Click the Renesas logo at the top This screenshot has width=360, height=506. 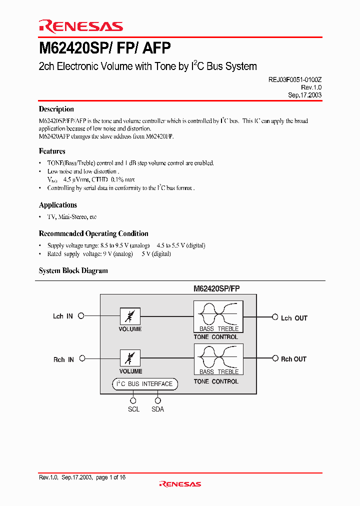(x=80, y=26)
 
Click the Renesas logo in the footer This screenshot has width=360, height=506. (x=180, y=484)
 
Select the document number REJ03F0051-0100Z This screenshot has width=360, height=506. (x=291, y=79)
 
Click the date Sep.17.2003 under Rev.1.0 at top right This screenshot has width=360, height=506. (x=304, y=95)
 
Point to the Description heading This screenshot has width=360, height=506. (x=56, y=109)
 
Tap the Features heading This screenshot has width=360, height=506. (x=52, y=151)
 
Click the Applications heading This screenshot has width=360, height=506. (x=58, y=205)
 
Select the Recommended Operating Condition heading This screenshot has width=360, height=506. (x=93, y=233)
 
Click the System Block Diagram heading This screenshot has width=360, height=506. (x=73, y=270)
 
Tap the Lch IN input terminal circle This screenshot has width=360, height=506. (x=81, y=316)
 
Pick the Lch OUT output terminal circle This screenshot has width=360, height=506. (x=274, y=317)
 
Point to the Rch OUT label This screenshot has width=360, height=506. (x=293, y=359)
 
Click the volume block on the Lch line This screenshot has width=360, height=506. (x=130, y=316)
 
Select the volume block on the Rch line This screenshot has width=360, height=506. (x=130, y=358)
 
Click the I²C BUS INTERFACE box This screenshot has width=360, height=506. (x=144, y=384)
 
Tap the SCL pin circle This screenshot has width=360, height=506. (x=133, y=400)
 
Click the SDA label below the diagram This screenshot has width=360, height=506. (x=157, y=409)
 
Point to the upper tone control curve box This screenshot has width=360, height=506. (x=218, y=316)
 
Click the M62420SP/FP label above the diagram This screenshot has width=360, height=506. (x=216, y=288)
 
